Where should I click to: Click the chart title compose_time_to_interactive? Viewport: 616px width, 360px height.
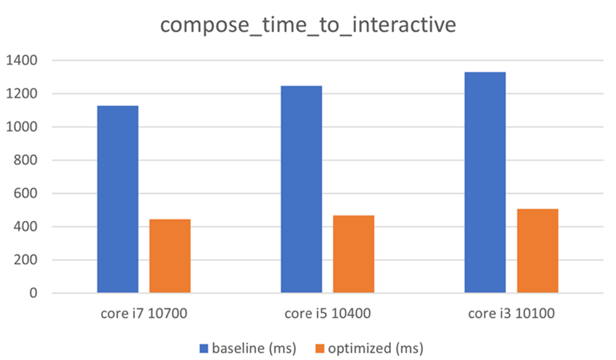(308, 25)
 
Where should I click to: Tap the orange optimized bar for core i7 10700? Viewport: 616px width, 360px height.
(170, 256)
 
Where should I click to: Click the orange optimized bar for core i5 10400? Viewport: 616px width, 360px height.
(353, 254)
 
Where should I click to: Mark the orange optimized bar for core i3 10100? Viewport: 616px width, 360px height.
(538, 251)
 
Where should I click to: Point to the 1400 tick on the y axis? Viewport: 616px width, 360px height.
(22, 61)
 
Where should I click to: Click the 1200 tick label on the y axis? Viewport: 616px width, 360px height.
(22, 94)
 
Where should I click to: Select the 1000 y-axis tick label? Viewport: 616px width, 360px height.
(22, 128)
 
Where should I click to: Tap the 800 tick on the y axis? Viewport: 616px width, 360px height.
(26, 161)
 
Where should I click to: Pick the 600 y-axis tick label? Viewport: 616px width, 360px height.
(26, 194)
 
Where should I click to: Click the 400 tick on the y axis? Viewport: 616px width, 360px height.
(26, 227)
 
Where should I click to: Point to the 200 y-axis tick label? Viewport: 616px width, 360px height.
(26, 260)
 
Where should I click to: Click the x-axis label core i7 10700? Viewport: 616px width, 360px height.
(144, 314)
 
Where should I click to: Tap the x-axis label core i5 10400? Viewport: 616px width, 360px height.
(327, 314)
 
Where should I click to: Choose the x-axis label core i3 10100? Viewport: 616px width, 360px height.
(511, 314)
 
